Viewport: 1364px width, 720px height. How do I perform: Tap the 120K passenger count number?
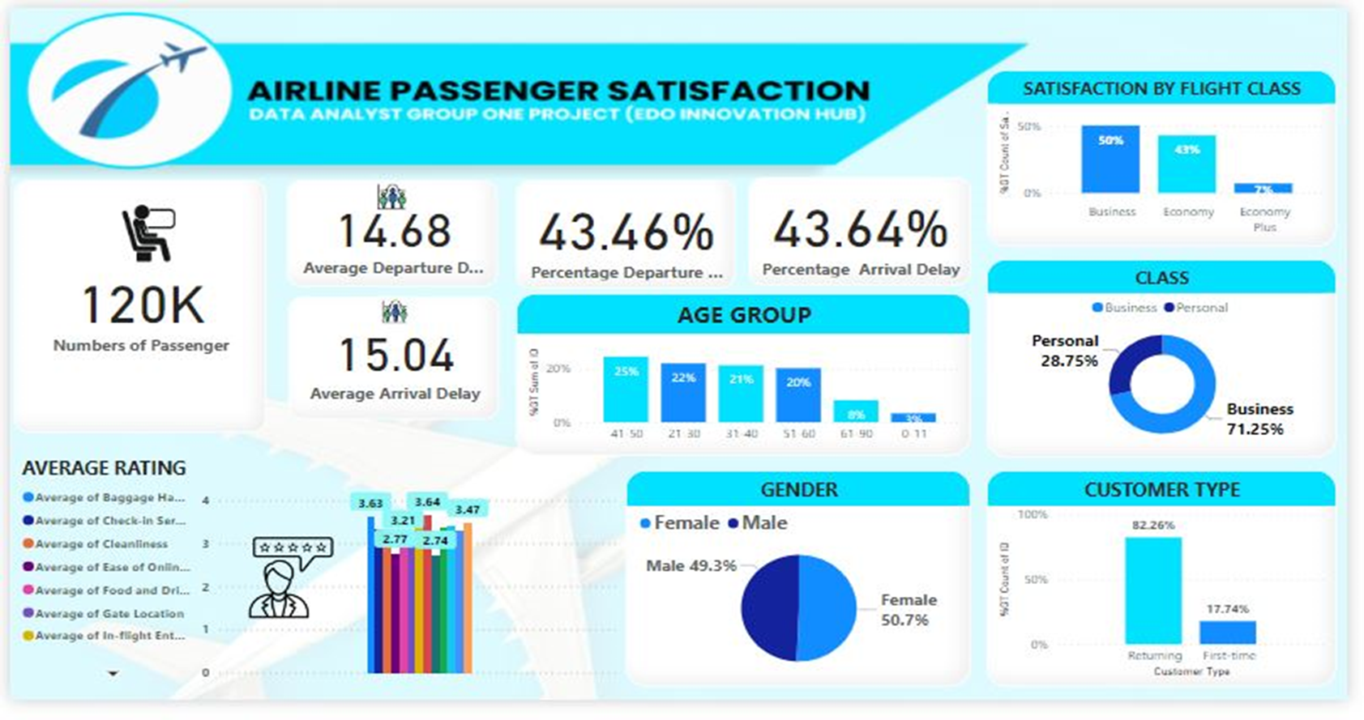coord(143,305)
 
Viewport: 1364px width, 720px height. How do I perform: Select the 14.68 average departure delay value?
coord(394,231)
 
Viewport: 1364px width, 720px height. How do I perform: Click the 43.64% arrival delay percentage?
coord(860,229)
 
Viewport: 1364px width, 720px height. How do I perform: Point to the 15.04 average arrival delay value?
coord(396,356)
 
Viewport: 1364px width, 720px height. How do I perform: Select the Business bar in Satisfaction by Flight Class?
coord(1110,160)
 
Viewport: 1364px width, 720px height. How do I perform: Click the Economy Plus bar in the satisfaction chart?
coord(1263,188)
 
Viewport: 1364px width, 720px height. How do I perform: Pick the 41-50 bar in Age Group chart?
coord(626,390)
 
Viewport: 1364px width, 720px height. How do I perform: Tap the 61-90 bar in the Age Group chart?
coord(856,411)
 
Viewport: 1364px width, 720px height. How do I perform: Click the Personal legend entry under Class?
coord(1196,308)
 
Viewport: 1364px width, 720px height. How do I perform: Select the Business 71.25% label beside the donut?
coord(1259,419)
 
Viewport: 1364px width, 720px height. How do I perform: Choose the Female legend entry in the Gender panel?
coord(679,523)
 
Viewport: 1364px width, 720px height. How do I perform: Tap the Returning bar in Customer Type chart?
coord(1152,590)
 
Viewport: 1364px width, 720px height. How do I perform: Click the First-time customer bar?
coord(1227,632)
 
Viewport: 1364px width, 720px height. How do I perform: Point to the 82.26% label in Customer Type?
coord(1152,525)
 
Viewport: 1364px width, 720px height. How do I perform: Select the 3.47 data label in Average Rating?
coord(468,509)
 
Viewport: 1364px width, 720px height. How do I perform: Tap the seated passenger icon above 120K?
coord(147,233)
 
